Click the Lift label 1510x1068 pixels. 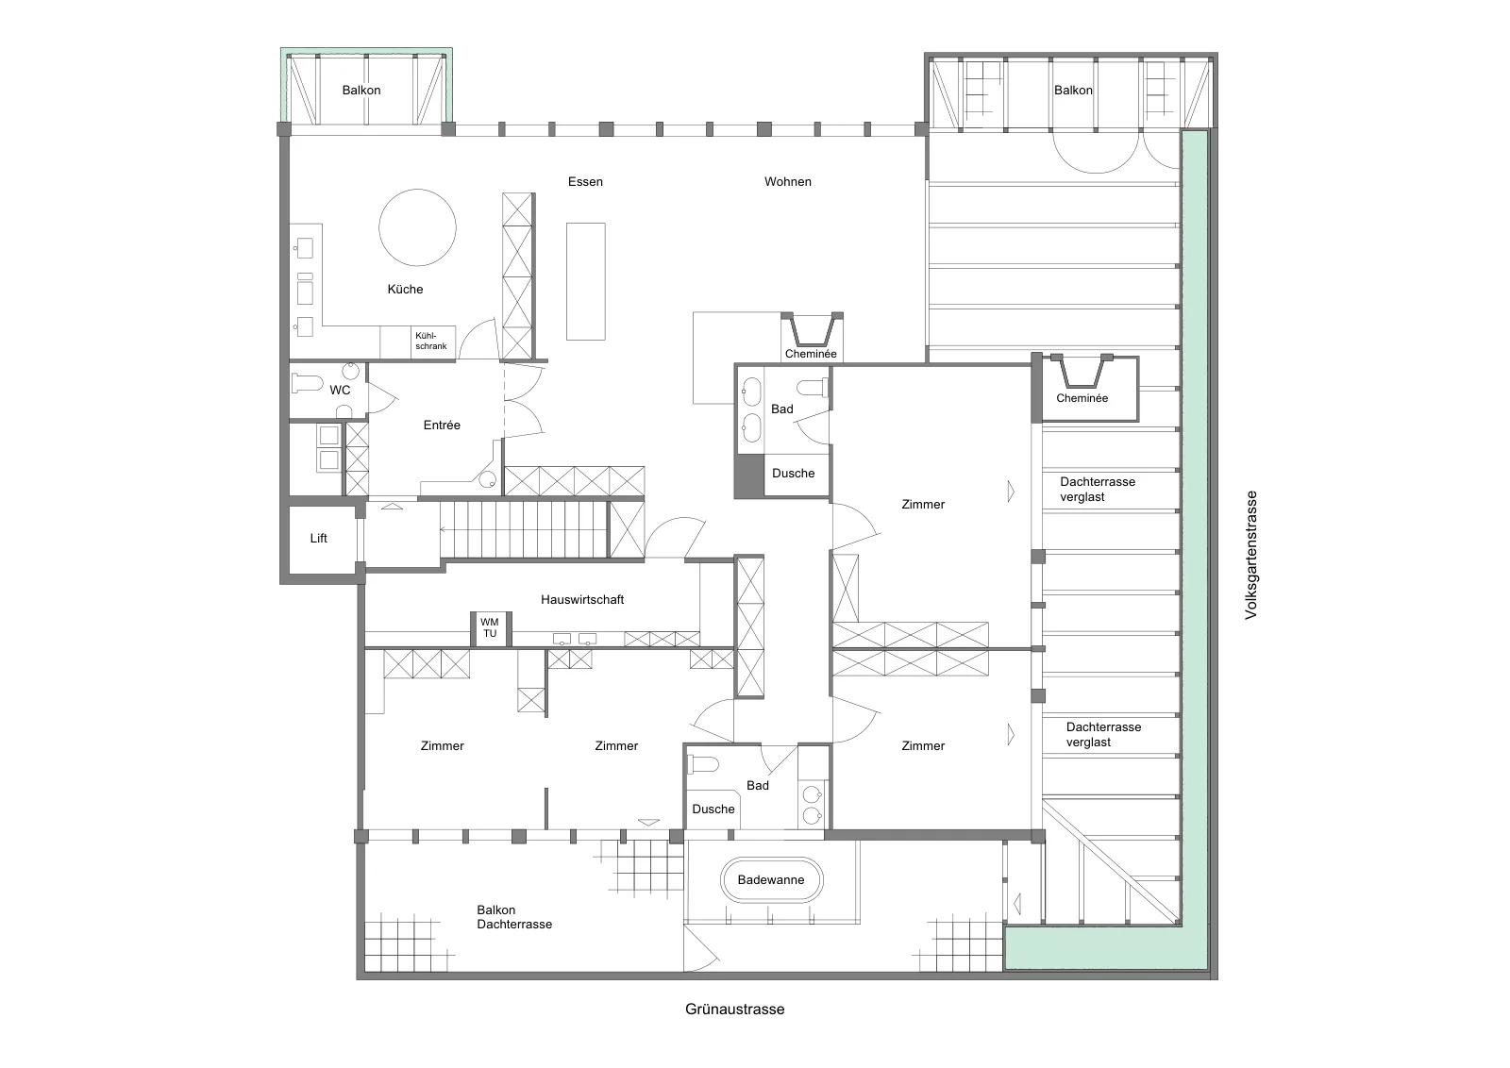pyautogui.click(x=318, y=538)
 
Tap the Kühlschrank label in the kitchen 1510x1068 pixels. pyautogui.click(x=430, y=341)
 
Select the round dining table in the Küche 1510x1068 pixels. pyautogui.click(x=417, y=227)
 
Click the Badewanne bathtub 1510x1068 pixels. pyautogui.click(x=771, y=879)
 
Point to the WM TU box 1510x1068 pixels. pyautogui.click(x=490, y=628)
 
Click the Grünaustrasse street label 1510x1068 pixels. pyautogui.click(x=735, y=1009)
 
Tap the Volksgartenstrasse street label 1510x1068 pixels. pyautogui.click(x=1251, y=555)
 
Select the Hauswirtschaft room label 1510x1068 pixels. pyautogui.click(x=582, y=599)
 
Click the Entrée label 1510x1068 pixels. pyautogui.click(x=442, y=425)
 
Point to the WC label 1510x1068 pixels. pyautogui.click(x=340, y=390)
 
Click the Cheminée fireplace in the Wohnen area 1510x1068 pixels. pyautogui.click(x=811, y=336)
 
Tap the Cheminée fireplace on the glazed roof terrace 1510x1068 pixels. pyautogui.click(x=1082, y=388)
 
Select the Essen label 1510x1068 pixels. pyautogui.click(x=585, y=181)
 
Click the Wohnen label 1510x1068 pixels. pyautogui.click(x=787, y=181)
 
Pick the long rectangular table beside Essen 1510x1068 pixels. pyautogui.click(x=585, y=281)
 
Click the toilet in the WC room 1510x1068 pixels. pyautogui.click(x=307, y=383)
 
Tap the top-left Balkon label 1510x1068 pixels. pyautogui.click(x=361, y=90)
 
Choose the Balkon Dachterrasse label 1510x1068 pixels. pyautogui.click(x=514, y=916)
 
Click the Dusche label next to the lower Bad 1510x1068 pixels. pyautogui.click(x=713, y=809)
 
